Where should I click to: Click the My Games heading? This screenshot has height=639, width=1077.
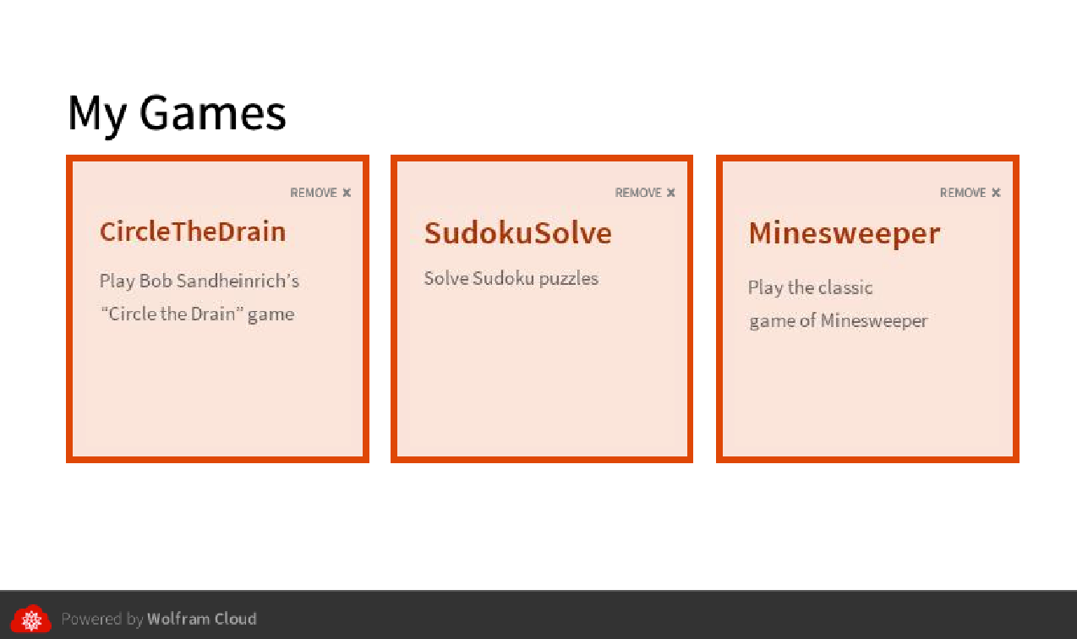177,114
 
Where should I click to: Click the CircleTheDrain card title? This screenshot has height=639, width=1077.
193,232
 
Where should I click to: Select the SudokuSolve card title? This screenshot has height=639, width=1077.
518,233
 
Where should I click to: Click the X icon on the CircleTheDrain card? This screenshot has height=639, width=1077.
347,193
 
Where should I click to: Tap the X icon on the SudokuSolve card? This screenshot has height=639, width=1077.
671,193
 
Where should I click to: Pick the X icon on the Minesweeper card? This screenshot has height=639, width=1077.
996,193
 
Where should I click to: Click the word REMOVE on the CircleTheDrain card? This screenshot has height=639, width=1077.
314,193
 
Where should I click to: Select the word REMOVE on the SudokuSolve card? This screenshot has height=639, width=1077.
638,193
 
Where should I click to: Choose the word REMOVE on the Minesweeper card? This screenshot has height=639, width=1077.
963,193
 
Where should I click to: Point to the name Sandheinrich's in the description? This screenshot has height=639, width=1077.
238,281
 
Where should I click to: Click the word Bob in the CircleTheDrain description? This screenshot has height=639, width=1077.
156,281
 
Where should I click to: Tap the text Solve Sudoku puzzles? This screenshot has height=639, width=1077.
511,279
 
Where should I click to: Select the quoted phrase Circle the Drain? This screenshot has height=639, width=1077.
172,314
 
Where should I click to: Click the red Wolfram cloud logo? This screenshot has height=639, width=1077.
31,619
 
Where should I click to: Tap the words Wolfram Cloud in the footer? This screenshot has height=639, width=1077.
202,619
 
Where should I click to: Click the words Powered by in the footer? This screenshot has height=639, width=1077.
102,620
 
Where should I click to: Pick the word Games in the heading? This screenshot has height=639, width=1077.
213,114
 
